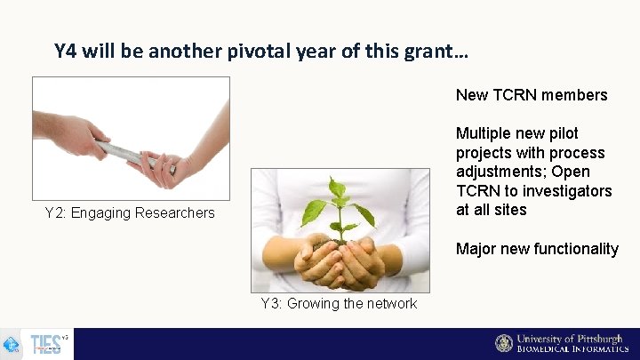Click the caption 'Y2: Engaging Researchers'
point(130,212)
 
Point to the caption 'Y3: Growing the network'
point(339,303)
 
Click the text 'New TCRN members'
point(532,95)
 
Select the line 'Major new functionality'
point(537,249)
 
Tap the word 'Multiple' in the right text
point(484,133)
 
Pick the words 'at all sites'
point(492,210)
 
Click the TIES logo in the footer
point(46,344)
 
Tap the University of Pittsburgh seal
point(504,343)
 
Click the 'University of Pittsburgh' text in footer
point(570,339)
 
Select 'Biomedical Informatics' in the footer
point(572,349)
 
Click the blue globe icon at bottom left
point(12,344)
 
